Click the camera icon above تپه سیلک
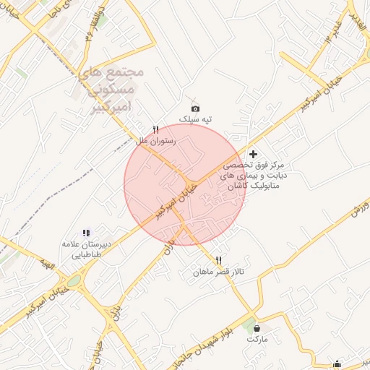tap(194, 108)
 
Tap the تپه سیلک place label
tap(194, 119)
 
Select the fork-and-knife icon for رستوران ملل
tap(155, 129)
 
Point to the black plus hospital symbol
tap(252, 155)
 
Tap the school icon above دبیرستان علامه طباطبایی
tap(87, 233)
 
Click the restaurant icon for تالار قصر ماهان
tap(218, 260)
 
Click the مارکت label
tap(257, 338)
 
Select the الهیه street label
tap(47, 267)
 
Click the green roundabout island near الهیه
tap(74, 281)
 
